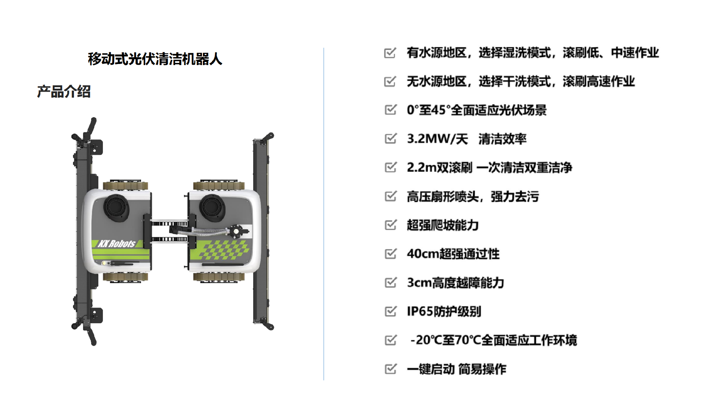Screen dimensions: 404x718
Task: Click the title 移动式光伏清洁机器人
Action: [x=155, y=59]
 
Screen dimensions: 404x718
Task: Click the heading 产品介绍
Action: [x=64, y=92]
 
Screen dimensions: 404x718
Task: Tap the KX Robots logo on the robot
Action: [x=116, y=244]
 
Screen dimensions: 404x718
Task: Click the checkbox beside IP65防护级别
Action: [x=390, y=311]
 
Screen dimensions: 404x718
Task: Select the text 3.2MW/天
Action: [x=437, y=139]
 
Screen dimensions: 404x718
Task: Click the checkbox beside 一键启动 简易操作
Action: [x=390, y=369]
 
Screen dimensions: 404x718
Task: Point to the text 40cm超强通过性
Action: [x=453, y=254]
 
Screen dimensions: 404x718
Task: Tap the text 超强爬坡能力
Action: [x=443, y=225]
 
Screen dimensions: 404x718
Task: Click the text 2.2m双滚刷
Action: [x=440, y=168]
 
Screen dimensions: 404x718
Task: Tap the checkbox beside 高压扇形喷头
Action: [x=390, y=196]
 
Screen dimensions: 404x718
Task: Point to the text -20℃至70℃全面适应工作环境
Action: [x=493, y=340]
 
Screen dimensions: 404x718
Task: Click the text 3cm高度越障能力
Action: [x=455, y=283]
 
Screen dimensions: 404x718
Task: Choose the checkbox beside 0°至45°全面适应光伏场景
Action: [x=390, y=110]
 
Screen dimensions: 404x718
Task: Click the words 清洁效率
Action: [x=502, y=139]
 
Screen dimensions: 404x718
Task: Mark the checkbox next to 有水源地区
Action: [x=390, y=53]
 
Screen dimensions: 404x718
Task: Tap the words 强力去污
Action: [x=515, y=196]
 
